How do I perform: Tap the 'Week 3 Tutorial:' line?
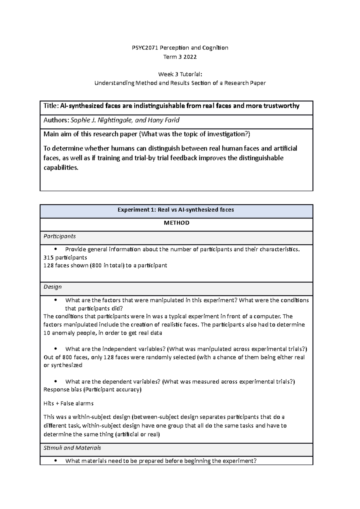pos(180,74)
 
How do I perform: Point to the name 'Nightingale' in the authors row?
pos(115,120)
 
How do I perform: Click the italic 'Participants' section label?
pos(59,236)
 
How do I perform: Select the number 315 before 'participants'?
pos(48,257)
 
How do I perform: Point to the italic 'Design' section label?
pos(52,287)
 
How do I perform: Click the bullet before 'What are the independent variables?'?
pos(56,349)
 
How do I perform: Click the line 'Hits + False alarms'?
pos(68,403)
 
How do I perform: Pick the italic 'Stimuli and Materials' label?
pos(72,448)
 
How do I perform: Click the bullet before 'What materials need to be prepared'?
pos(56,461)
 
